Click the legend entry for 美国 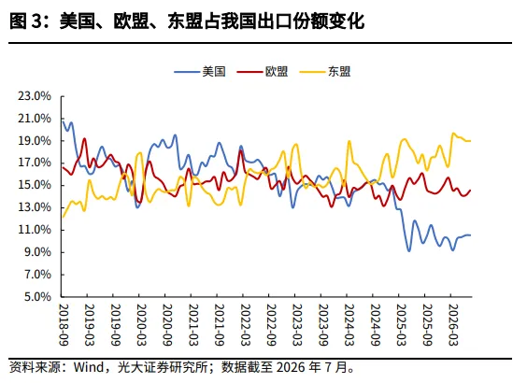200,71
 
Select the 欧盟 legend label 263,71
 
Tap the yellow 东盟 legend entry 325,71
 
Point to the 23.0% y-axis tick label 35,96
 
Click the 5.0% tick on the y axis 37,297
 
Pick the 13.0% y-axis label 35,207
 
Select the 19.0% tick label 35,141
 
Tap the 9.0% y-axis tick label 37,252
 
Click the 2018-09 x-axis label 64,325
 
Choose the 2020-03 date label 141,325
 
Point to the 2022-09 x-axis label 271,325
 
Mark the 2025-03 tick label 401,325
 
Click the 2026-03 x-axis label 453,325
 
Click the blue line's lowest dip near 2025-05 409,251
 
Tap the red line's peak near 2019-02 84,138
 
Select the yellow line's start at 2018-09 63,217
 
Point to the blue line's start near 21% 63,121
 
